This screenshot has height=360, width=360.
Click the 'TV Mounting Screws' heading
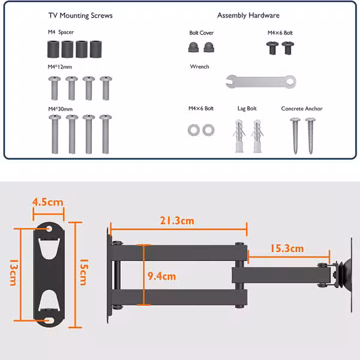coord(80,16)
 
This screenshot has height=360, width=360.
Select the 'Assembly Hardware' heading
coord(248,16)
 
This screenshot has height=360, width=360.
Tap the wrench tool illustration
coord(261,82)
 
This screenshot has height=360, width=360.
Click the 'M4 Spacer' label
coord(61,32)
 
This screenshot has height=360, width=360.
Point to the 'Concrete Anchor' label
coord(302,109)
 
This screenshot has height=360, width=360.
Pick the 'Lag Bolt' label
coord(247,109)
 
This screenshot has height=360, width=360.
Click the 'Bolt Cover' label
coord(202,33)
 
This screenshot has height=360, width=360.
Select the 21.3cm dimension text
coord(177,221)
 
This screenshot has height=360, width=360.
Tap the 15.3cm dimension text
coord(287,248)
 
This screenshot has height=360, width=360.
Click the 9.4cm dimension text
coord(161,276)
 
